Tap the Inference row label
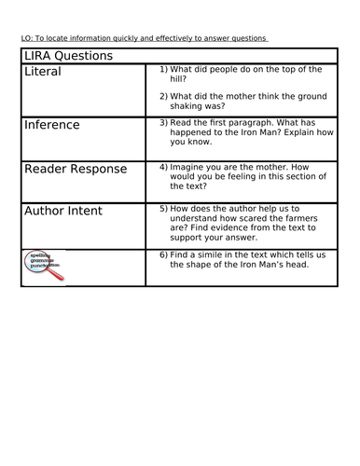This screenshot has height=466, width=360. point(52,124)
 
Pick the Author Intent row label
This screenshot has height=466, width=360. point(71,212)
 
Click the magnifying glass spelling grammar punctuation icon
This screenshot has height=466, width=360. point(43,267)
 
